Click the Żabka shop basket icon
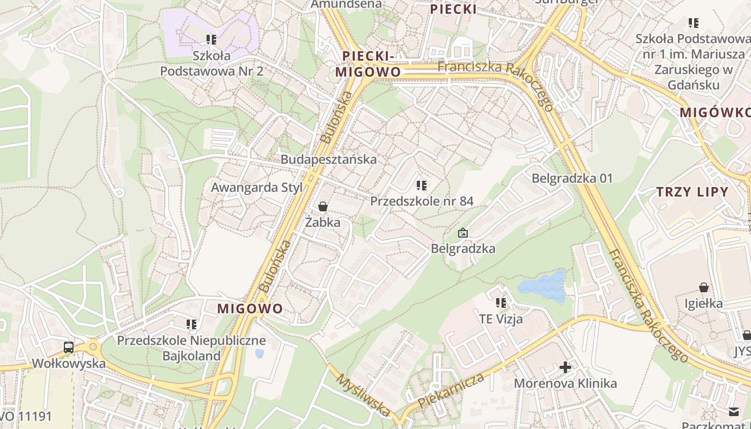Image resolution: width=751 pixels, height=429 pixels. click(x=323, y=206)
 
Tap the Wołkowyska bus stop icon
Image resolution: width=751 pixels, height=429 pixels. click(x=69, y=347)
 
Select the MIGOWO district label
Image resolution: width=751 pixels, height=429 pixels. click(x=250, y=308)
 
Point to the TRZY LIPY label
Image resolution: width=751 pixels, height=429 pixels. click(x=693, y=192)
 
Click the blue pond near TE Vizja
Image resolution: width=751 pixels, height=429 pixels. click(x=543, y=286)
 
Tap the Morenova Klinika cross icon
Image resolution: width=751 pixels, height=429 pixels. click(x=565, y=367)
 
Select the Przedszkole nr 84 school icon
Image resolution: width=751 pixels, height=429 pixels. click(x=422, y=186)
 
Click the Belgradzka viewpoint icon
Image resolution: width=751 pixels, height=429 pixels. click(x=463, y=233)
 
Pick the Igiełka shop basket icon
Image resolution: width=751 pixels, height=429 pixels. click(x=704, y=288)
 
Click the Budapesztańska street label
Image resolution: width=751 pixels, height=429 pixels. click(x=328, y=159)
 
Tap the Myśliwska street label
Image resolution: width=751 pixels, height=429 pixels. click(x=363, y=395)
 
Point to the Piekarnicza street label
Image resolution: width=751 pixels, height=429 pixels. click(x=451, y=390)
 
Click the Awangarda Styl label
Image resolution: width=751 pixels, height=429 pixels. click(x=256, y=188)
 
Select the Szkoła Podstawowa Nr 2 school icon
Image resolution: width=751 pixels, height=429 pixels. click(x=211, y=39)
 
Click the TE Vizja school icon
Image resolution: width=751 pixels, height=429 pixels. click(x=501, y=303)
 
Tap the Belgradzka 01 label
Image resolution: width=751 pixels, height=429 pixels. click(x=572, y=178)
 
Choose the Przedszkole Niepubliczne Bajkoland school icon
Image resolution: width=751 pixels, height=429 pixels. click(x=192, y=324)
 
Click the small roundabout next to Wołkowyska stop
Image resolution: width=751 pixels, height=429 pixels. click(x=94, y=346)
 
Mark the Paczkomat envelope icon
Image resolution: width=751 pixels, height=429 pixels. click(x=734, y=411)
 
